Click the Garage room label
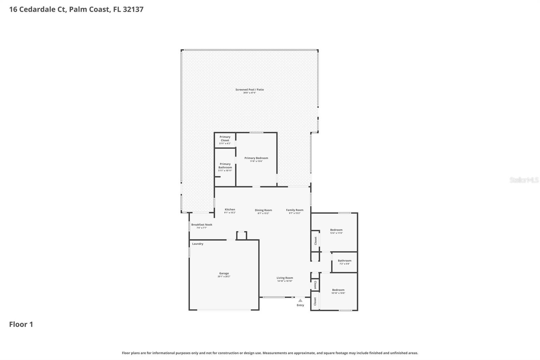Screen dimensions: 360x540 [x=224, y=273]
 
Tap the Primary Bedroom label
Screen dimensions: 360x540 [x=256, y=158]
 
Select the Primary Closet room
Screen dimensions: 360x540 [x=225, y=140]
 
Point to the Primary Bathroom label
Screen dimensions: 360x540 [x=225, y=166]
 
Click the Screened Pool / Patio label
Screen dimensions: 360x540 [x=249, y=89]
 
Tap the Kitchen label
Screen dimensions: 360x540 [x=230, y=209]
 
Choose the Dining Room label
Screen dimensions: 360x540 [x=263, y=210]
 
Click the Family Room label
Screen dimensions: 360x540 [x=295, y=210]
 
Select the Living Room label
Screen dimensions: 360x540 [x=285, y=278]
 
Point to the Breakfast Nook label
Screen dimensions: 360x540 [x=201, y=225]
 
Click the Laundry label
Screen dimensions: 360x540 [x=197, y=244]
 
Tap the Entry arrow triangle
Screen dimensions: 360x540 [x=300, y=300]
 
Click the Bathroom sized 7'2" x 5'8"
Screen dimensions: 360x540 [x=345, y=262]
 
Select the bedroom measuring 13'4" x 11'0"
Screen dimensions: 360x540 [x=336, y=231]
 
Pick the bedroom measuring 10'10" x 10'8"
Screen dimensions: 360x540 [x=338, y=291]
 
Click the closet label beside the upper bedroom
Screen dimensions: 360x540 [x=316, y=240]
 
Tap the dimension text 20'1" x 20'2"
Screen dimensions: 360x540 [x=224, y=277]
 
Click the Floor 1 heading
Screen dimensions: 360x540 [x=21, y=324]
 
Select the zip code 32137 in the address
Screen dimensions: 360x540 [x=133, y=9]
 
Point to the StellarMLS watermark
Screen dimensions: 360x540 [x=524, y=180]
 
